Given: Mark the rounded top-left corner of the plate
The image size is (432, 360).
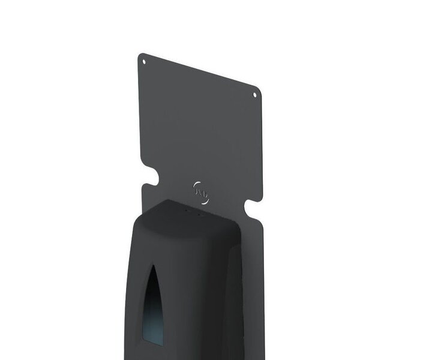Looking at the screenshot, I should click(140, 55).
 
